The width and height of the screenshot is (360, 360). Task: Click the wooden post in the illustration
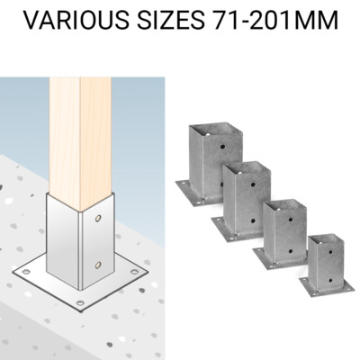tap(80, 126)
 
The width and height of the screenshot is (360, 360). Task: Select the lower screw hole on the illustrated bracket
tap(97, 264)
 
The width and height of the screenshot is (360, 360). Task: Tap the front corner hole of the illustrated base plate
tap(79, 303)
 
